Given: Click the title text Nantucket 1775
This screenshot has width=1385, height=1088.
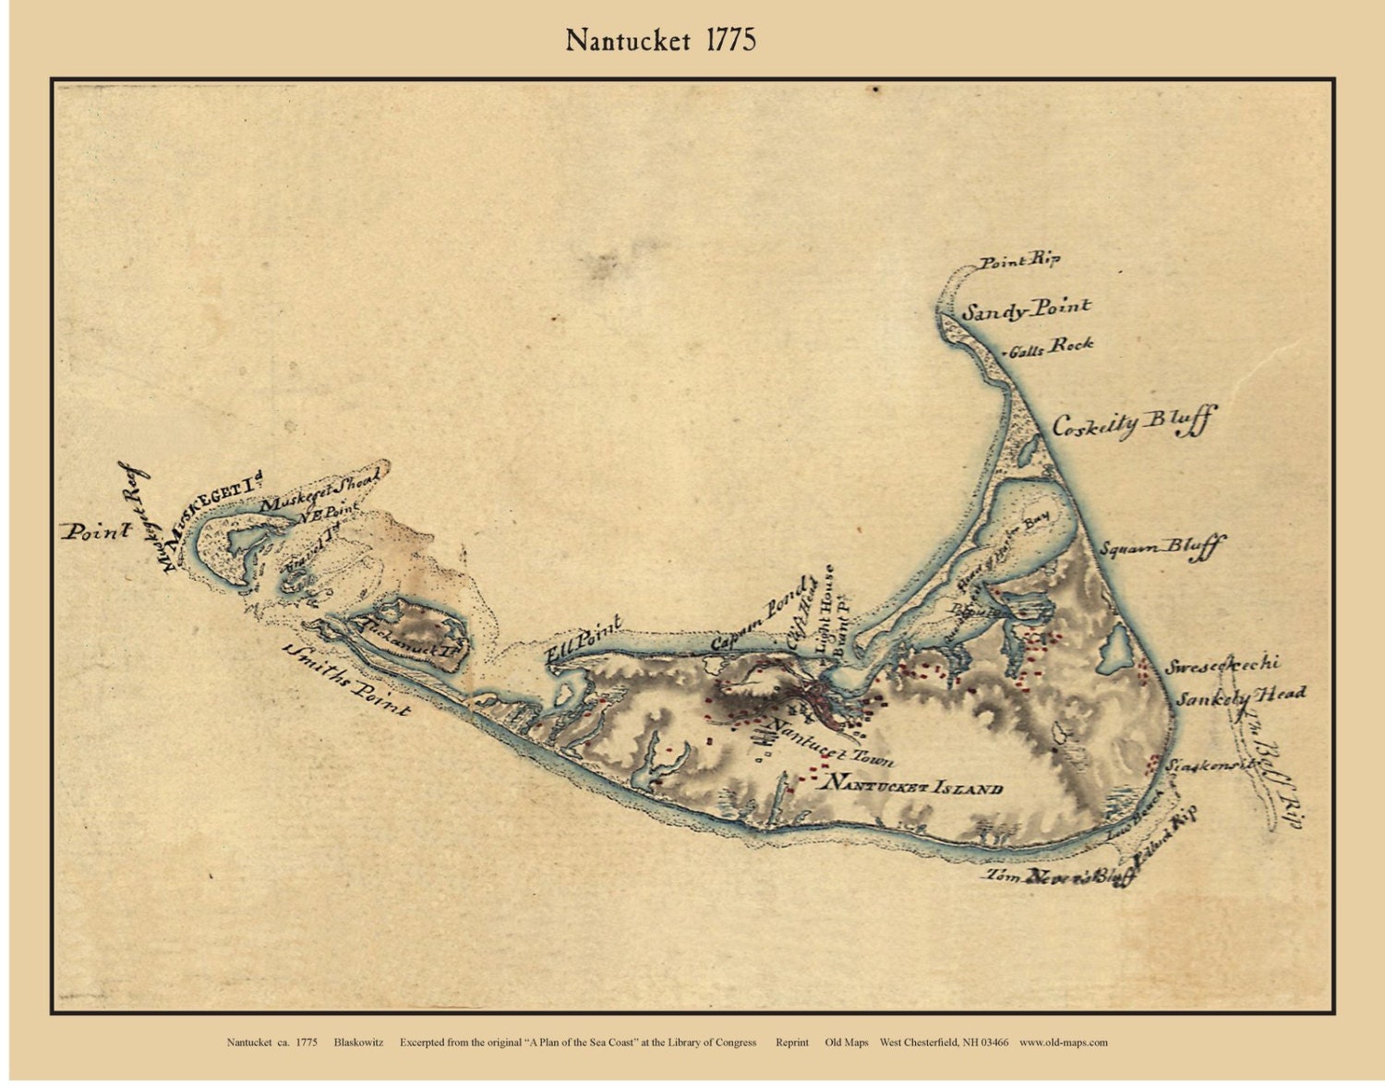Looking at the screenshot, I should (x=661, y=41).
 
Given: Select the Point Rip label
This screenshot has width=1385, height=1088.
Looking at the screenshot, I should (x=1018, y=261).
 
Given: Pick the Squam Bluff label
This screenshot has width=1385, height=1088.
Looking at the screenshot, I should (x=1160, y=547).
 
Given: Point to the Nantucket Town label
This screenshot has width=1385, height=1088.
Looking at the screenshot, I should (x=831, y=743).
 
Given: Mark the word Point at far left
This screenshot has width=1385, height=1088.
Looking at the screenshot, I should (x=96, y=531).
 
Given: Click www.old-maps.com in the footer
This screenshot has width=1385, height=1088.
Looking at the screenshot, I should (x=1063, y=1042).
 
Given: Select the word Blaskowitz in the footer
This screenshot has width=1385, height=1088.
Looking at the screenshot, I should (x=361, y=1042).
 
